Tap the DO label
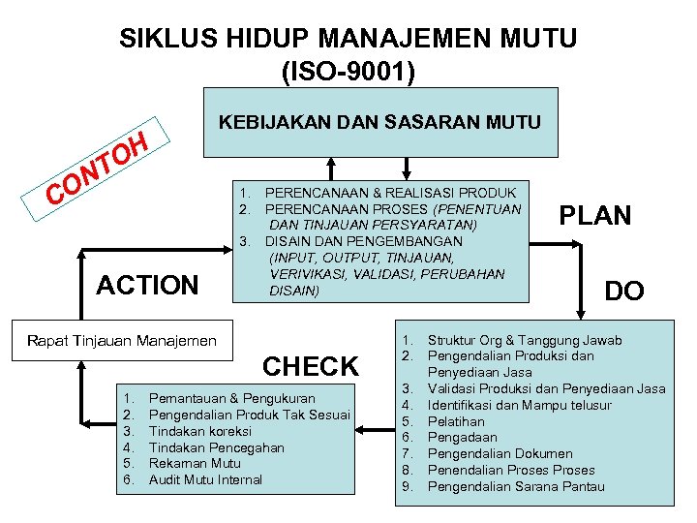click(x=624, y=291)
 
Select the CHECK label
click(x=311, y=366)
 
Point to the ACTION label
click(x=147, y=285)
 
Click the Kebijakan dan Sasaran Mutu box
click(x=380, y=122)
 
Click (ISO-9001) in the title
click(x=348, y=71)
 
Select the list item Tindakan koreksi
click(x=199, y=431)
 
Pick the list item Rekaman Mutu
click(x=196, y=464)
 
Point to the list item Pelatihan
click(x=455, y=421)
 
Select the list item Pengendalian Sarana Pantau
click(x=515, y=486)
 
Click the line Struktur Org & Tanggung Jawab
click(x=525, y=340)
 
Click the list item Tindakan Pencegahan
click(x=216, y=447)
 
